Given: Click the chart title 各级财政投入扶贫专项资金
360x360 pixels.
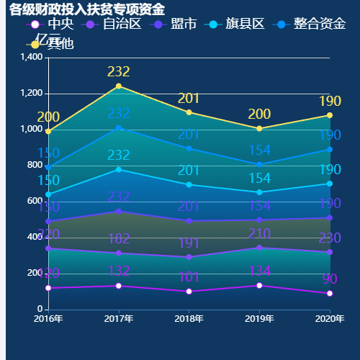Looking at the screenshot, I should tap(86, 9).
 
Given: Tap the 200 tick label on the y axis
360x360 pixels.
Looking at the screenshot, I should tap(35, 274).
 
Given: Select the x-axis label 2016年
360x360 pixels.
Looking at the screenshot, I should tap(48, 318).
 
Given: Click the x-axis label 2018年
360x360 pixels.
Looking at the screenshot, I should tap(189, 318).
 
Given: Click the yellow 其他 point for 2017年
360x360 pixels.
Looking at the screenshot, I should tap(119, 86).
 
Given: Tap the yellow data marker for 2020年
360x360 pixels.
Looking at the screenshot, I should tap(330, 115).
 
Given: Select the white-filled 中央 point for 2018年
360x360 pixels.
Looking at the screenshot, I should tap(189, 292).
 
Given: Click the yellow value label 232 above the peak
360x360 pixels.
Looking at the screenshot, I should tap(119, 71).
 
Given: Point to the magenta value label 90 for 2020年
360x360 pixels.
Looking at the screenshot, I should tap(329, 279).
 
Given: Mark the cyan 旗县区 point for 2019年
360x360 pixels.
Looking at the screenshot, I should tap(259, 192).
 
